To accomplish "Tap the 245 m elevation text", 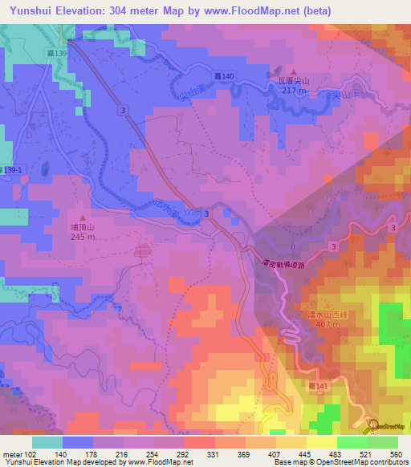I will (x=82, y=238).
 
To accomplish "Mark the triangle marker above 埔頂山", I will (x=82, y=217).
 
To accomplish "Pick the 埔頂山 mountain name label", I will (x=82, y=228).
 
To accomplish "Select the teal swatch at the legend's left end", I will (x=47, y=441).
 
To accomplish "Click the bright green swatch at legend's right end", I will (x=383, y=441).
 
